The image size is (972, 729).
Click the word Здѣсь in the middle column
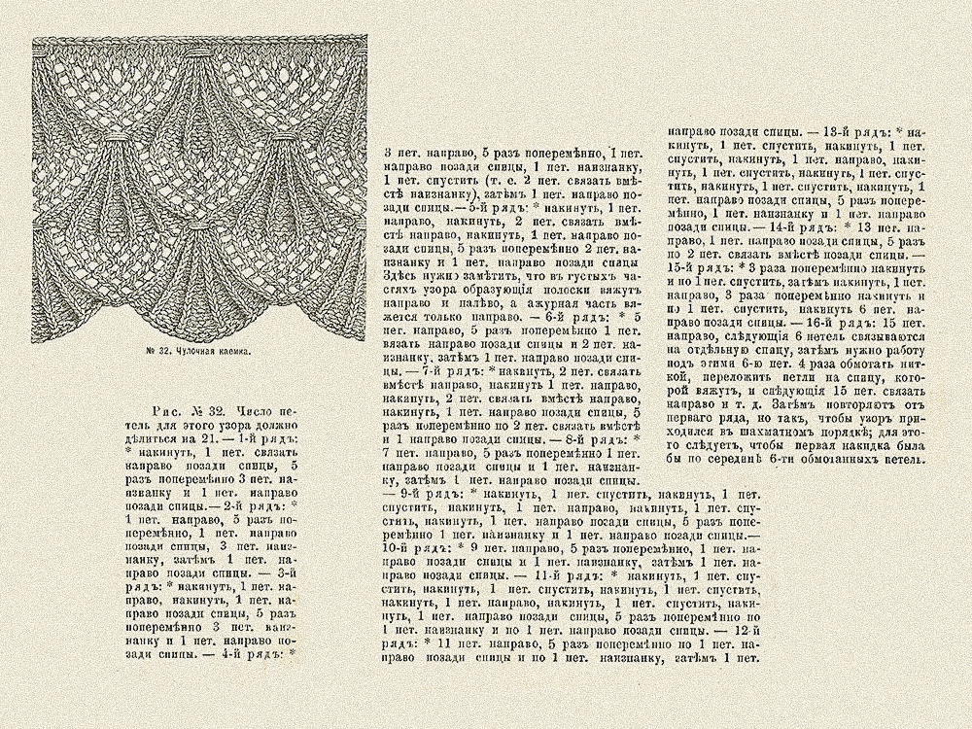[399, 275]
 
